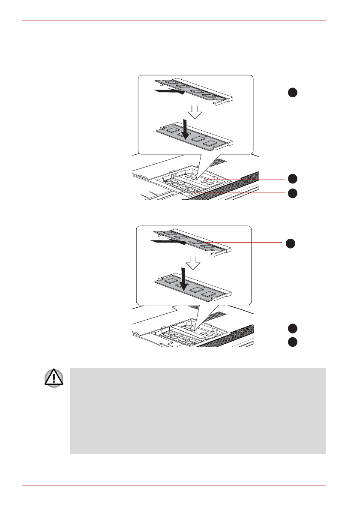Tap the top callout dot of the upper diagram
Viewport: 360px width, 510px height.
pyautogui.click(x=292, y=92)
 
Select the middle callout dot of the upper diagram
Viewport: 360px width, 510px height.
pyautogui.click(x=292, y=178)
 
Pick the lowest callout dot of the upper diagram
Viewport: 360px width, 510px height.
pyautogui.click(x=292, y=193)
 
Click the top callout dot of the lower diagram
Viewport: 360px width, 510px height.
pyautogui.click(x=291, y=243)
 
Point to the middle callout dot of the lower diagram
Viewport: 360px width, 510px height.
pyautogui.click(x=292, y=329)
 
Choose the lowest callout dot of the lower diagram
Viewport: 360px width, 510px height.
pyautogui.click(x=292, y=342)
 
